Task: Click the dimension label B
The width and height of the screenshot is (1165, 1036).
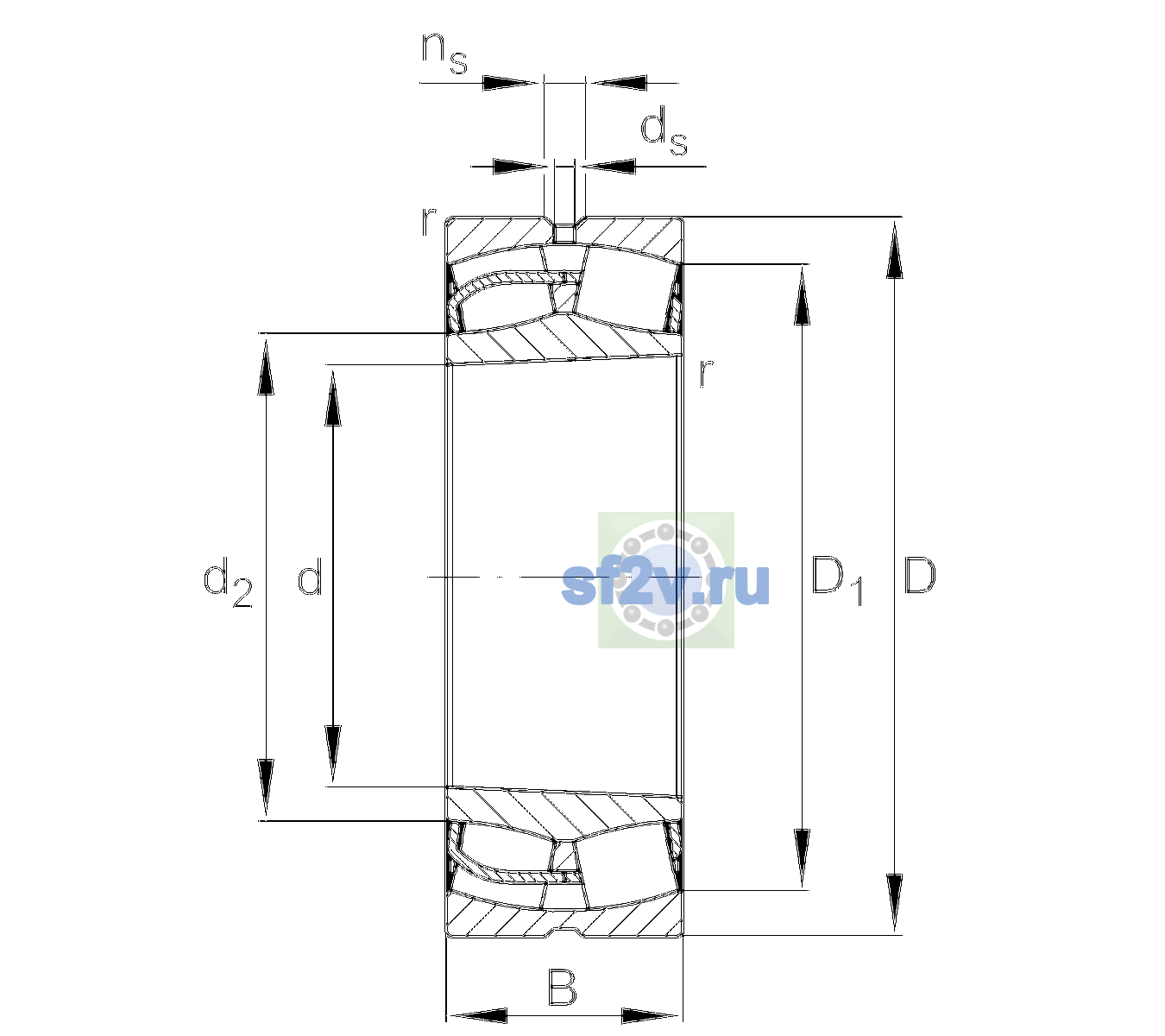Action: click(x=562, y=987)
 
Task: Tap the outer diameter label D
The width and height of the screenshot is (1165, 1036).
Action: click(x=919, y=575)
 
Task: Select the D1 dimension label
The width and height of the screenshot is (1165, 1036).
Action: click(x=837, y=580)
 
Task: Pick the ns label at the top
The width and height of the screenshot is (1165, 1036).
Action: click(x=444, y=53)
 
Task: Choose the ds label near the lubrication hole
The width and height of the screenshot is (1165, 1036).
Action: click(x=664, y=131)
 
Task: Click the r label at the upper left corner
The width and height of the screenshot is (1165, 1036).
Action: click(x=428, y=222)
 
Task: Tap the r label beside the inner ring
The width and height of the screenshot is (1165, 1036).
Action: click(x=706, y=372)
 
